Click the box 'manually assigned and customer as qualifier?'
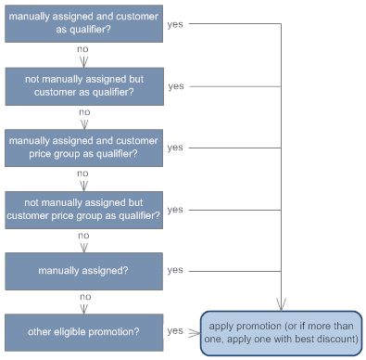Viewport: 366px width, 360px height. [82, 23]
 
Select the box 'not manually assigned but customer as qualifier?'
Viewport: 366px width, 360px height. [82, 85]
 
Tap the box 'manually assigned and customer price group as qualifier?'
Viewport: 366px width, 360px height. [82, 147]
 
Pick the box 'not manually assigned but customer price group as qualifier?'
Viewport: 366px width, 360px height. [82, 209]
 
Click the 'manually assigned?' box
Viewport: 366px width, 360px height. [82, 270]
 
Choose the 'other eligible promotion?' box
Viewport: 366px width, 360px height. [82, 331]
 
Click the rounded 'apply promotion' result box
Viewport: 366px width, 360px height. [282, 331]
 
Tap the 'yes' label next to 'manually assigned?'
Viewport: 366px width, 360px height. [175, 270]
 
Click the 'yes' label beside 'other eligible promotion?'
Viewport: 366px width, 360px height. [175, 330]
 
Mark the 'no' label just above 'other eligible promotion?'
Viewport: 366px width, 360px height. [82, 297]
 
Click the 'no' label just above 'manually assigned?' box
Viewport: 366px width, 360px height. [82, 235]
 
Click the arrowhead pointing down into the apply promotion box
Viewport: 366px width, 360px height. [282, 304]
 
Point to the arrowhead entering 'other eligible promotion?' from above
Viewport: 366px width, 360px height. [82, 309]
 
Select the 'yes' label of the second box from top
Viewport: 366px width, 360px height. [175, 85]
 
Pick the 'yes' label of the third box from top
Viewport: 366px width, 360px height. [175, 147]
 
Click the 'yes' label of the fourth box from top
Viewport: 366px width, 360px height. [175, 209]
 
